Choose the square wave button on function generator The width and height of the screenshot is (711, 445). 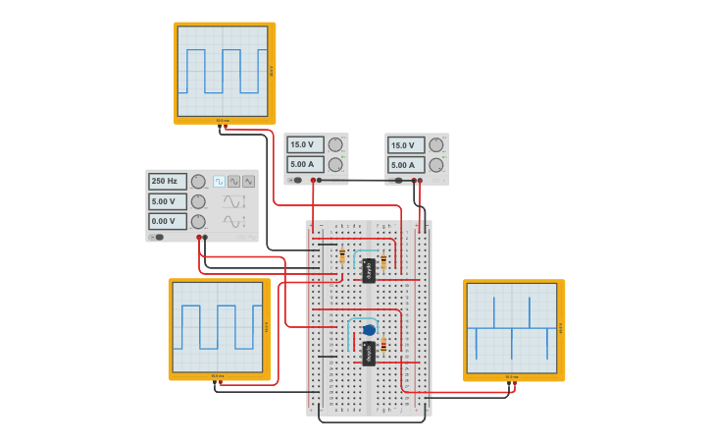pyautogui.click(x=220, y=182)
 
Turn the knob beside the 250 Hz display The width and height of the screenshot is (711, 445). pyautogui.click(x=198, y=182)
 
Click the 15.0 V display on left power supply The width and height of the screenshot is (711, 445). pyautogui.click(x=305, y=145)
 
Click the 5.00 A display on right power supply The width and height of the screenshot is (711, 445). pyautogui.click(x=406, y=165)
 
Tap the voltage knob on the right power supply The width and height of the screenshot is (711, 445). pyautogui.click(x=436, y=145)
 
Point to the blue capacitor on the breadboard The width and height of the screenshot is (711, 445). pyautogui.click(x=369, y=330)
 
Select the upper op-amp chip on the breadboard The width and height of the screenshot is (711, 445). pyautogui.click(x=369, y=270)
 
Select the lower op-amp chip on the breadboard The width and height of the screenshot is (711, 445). pyautogui.click(x=369, y=353)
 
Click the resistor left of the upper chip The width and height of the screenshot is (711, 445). pyautogui.click(x=341, y=258)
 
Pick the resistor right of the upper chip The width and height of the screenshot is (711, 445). pyautogui.click(x=383, y=262)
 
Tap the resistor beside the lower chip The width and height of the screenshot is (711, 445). pyautogui.click(x=383, y=345)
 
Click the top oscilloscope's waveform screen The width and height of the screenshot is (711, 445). pyautogui.click(x=223, y=72)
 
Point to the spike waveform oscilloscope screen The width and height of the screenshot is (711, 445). pyautogui.click(x=511, y=328)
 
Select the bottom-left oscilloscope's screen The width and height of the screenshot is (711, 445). pyautogui.click(x=218, y=327)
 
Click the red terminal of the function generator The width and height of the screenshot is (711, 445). pyautogui.click(x=199, y=237)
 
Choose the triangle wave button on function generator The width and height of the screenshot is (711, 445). pyautogui.click(x=248, y=182)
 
